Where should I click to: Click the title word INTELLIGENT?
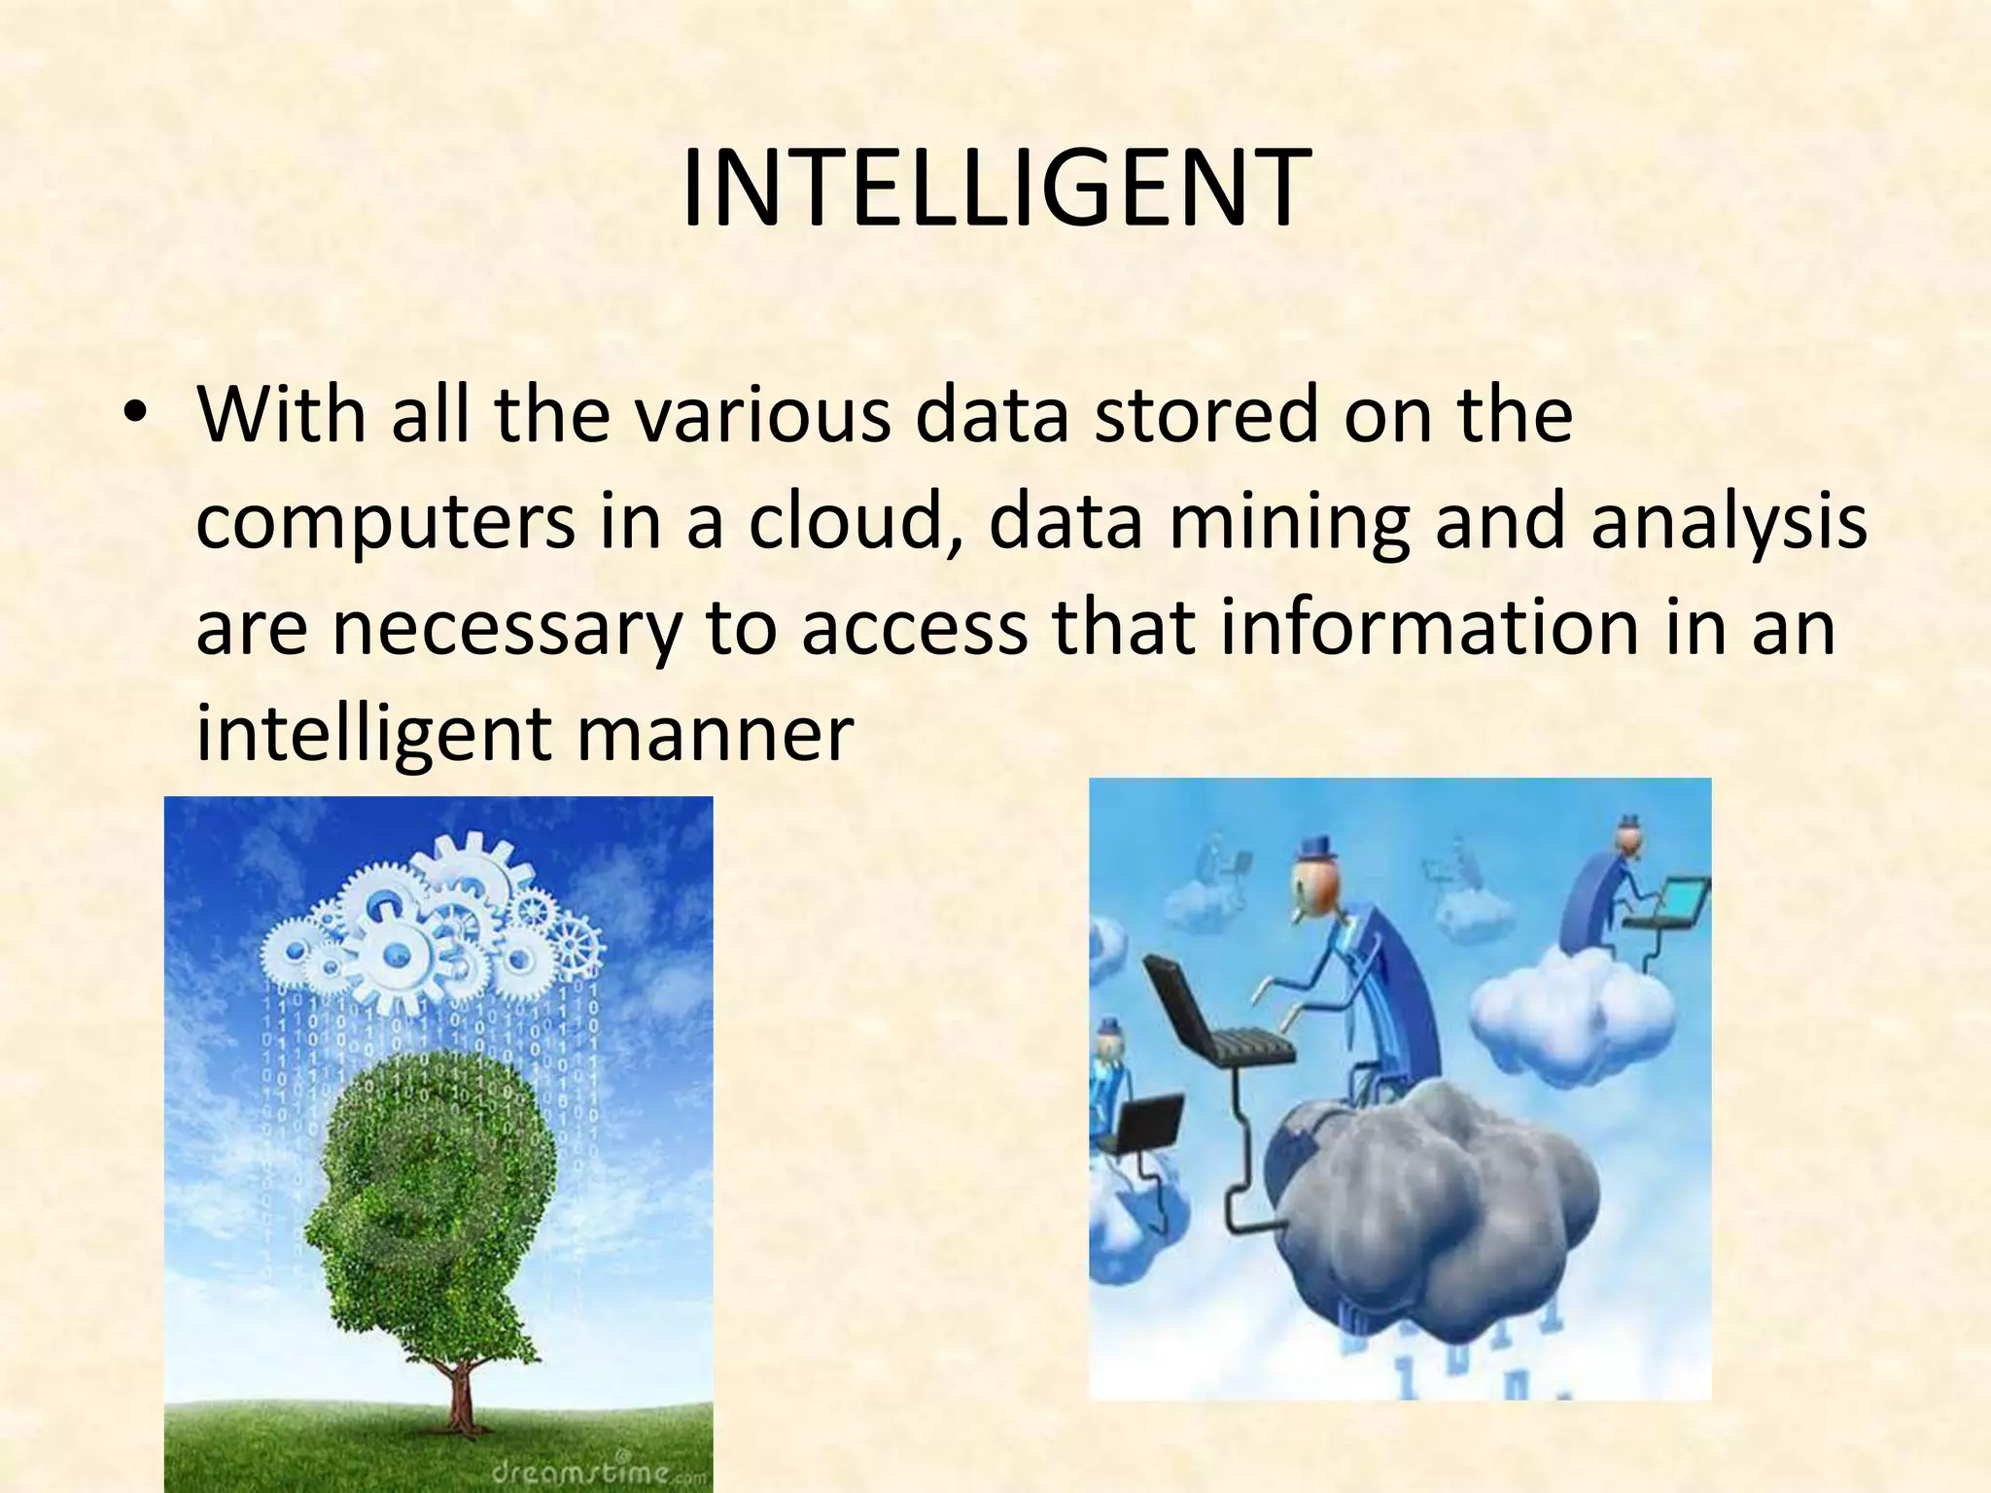(993, 189)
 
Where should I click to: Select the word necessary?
(505, 630)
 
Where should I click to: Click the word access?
(915, 630)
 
